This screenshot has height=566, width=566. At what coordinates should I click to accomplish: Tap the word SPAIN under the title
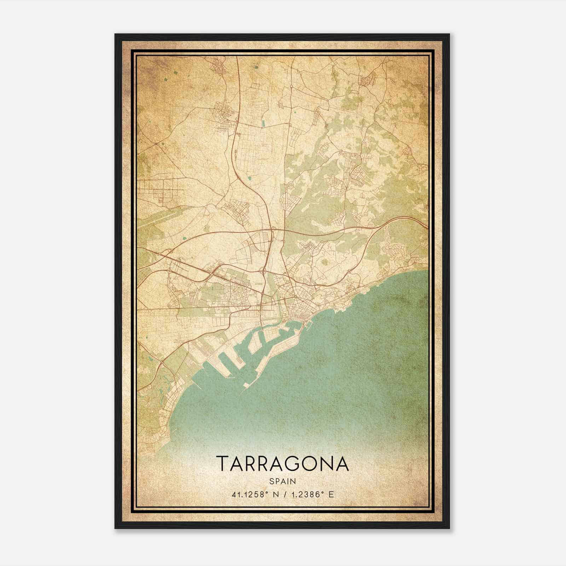click(282, 481)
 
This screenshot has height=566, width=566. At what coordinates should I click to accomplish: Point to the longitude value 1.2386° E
click(311, 495)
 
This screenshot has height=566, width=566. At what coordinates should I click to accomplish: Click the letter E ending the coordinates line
click(331, 495)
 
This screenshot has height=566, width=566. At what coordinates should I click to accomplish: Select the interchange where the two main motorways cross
click(273, 230)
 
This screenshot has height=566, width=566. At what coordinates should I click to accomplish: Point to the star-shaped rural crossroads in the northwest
click(156, 144)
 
